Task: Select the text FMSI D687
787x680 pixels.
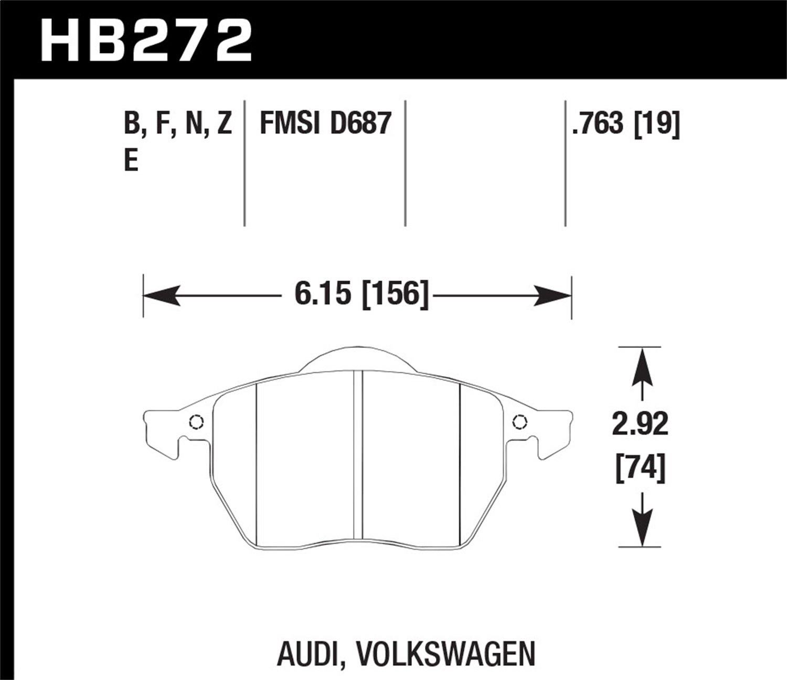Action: click(326, 124)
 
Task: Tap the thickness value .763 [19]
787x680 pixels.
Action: click(626, 124)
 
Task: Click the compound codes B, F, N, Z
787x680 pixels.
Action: click(178, 124)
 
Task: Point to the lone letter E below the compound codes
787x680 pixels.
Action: click(131, 161)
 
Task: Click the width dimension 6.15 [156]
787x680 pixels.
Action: click(361, 293)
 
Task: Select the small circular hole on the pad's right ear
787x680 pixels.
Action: click(519, 422)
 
